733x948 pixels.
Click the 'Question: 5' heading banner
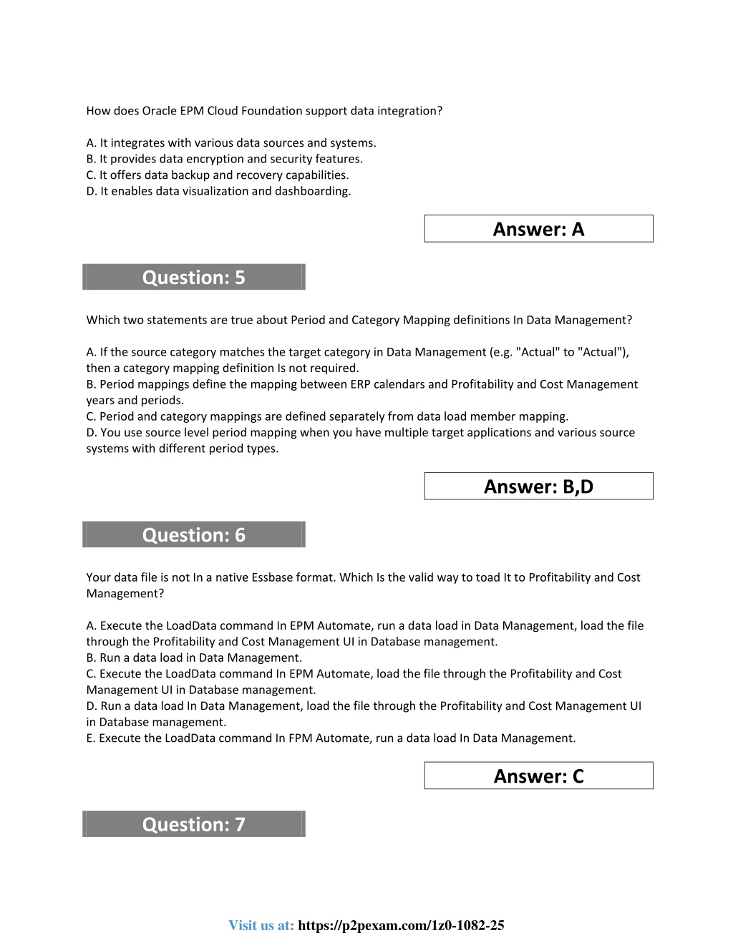193,277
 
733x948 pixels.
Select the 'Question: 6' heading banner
193,534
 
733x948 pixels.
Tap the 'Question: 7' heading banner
193,824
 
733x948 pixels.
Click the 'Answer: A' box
538,229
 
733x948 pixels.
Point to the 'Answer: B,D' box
538,487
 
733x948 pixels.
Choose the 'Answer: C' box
538,776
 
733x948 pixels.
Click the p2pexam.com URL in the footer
401,925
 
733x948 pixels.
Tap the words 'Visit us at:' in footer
261,925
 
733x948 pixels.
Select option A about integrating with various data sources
231,143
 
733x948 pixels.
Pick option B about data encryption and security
224,159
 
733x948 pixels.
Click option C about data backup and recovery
218,175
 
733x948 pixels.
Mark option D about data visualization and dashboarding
218,191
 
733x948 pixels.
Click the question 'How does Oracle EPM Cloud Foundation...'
264,111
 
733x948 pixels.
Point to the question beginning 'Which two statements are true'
359,320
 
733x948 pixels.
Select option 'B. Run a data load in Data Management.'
194,658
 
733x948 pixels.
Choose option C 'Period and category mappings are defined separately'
327,416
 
